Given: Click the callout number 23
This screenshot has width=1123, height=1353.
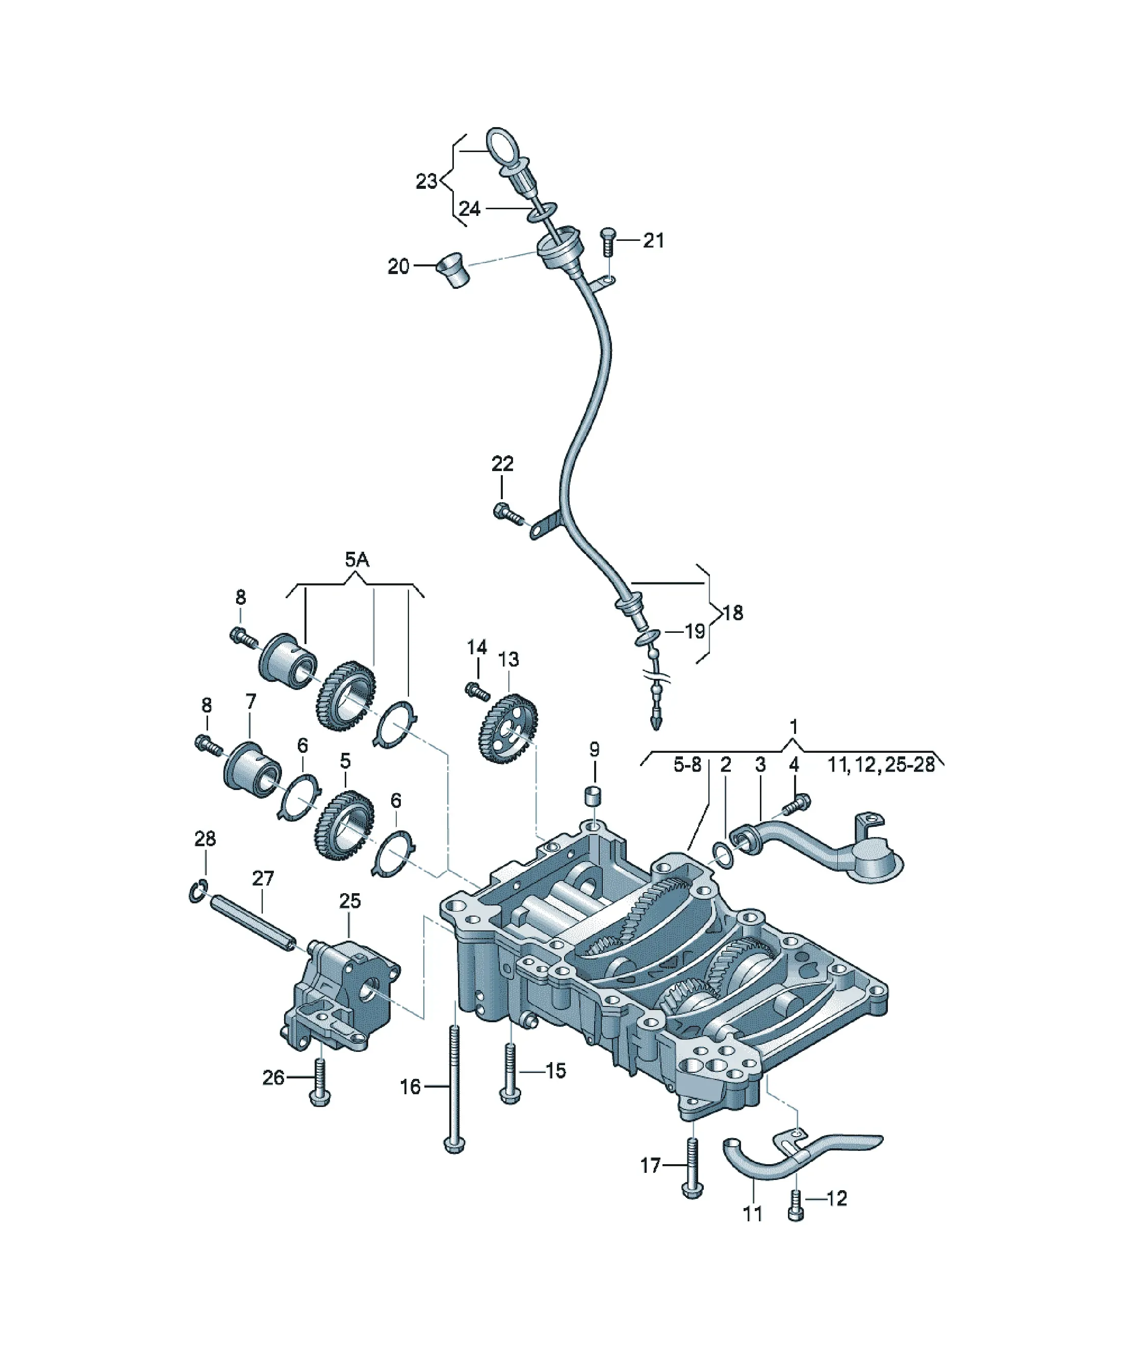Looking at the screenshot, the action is (x=426, y=182).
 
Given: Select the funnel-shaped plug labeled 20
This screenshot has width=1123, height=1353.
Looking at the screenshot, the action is (x=453, y=269).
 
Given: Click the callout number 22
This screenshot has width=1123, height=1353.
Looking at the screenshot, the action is (x=503, y=463).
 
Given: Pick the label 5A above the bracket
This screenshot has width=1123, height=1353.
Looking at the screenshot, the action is (x=358, y=560).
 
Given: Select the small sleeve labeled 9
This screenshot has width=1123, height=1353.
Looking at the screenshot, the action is (x=593, y=795).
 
